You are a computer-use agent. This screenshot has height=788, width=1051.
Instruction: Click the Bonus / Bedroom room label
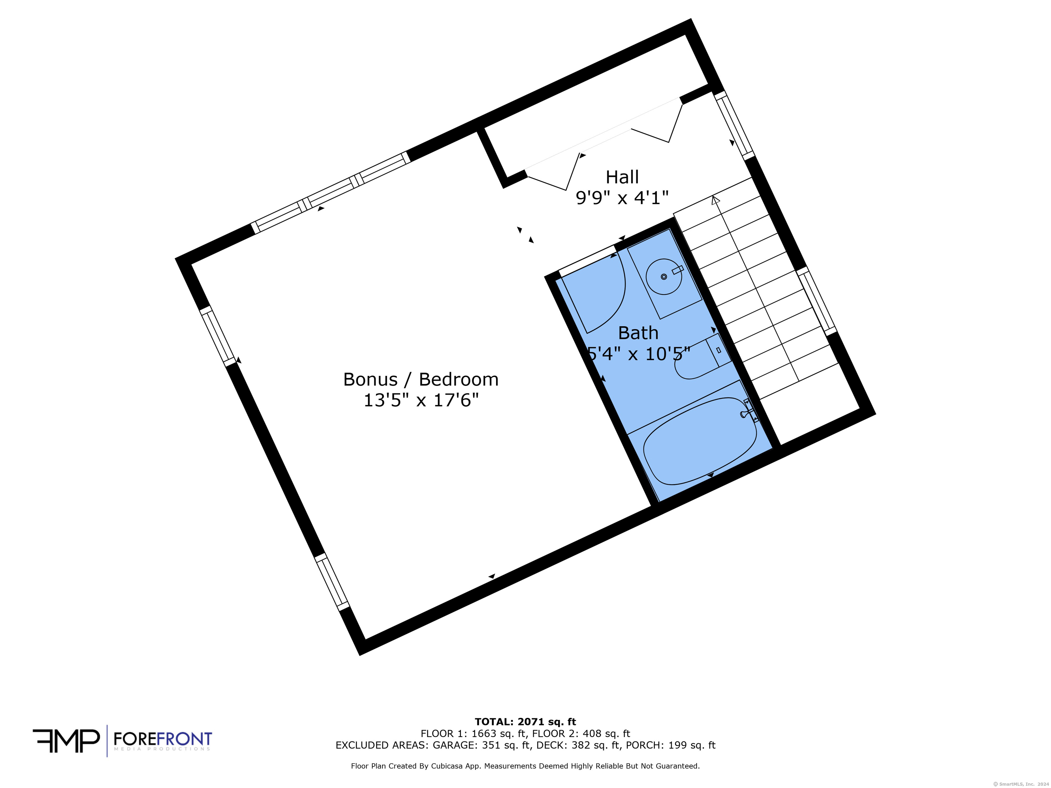point(421,380)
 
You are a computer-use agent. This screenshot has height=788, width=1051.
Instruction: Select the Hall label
point(622,177)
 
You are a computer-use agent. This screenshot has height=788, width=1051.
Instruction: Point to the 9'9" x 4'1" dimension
point(622,198)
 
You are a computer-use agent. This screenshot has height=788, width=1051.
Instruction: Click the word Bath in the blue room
point(638,333)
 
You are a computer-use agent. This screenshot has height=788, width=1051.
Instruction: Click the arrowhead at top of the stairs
point(715,200)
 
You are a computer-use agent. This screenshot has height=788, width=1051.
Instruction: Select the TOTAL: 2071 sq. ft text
point(525,722)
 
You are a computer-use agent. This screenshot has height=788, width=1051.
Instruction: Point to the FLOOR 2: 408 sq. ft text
point(581,734)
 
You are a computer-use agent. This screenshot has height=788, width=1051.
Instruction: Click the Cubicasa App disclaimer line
point(525,766)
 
